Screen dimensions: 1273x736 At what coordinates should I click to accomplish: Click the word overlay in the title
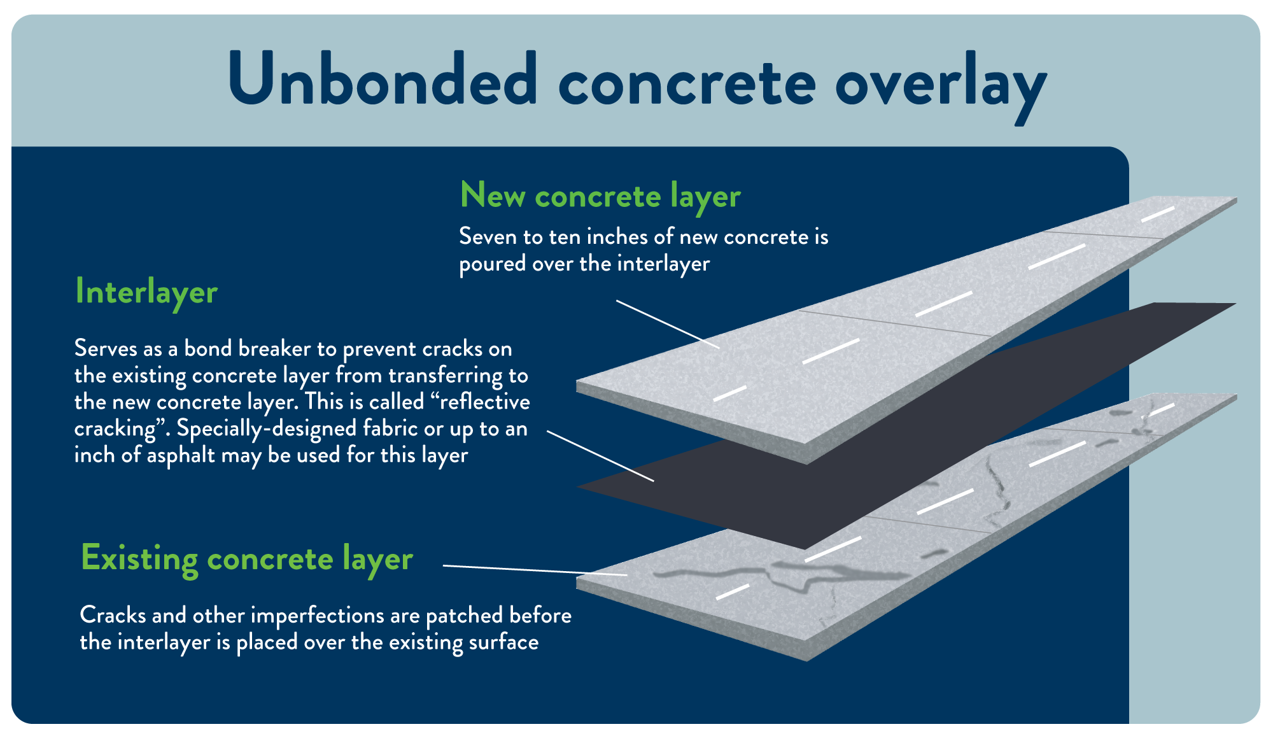point(941,87)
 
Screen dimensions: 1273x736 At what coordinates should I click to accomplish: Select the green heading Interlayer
point(146,292)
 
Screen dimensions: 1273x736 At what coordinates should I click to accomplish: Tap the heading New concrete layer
point(600,196)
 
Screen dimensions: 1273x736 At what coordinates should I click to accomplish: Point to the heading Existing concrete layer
point(247,559)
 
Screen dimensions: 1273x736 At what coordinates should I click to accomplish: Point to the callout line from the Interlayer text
point(600,456)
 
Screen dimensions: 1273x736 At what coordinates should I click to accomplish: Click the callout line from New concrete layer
point(668,324)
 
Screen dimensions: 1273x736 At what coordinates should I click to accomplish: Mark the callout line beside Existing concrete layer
point(535,570)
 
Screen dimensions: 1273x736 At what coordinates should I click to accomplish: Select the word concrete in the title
point(687,83)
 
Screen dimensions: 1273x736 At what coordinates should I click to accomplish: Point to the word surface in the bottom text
point(503,642)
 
